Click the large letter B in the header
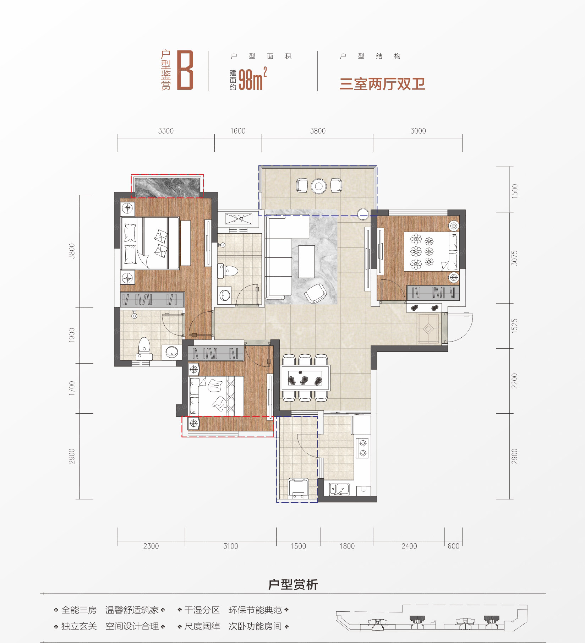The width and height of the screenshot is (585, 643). (185, 70)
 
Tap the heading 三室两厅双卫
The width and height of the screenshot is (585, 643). (382, 84)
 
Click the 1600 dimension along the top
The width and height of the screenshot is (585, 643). (238, 131)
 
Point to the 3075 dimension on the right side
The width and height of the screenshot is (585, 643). (514, 258)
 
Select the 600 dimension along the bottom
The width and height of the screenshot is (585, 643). (453, 546)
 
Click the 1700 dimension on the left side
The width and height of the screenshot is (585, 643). (72, 388)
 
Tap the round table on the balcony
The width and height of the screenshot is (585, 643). (319, 186)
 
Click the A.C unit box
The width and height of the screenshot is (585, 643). (238, 218)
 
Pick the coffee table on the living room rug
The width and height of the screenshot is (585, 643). (306, 261)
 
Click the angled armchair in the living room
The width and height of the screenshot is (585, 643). (316, 293)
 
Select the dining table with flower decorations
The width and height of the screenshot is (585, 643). (305, 378)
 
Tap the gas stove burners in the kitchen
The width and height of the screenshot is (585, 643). (363, 448)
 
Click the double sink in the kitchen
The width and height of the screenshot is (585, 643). (339, 489)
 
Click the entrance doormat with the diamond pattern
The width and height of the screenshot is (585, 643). (428, 329)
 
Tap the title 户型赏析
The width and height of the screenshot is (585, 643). (293, 584)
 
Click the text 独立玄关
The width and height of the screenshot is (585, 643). (79, 626)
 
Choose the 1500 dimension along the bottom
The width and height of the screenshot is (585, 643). (298, 546)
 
